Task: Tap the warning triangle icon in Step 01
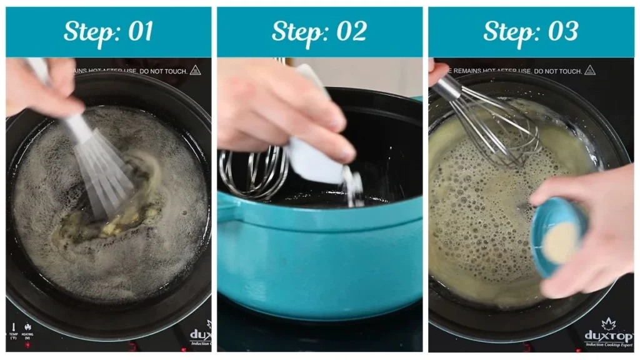click(195, 71)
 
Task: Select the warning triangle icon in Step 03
click(589, 71)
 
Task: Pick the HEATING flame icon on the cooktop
click(27, 327)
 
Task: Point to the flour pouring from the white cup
click(354, 187)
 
